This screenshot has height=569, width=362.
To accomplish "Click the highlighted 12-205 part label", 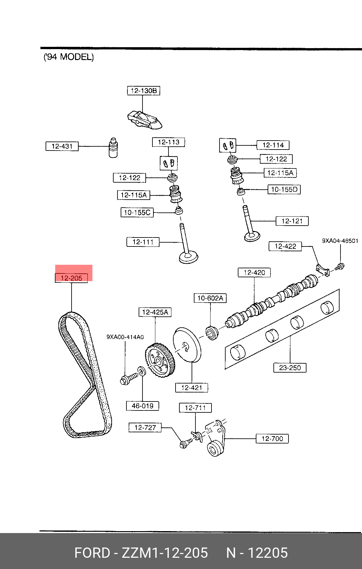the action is [71, 278].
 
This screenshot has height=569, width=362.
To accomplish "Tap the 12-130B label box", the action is [143, 91].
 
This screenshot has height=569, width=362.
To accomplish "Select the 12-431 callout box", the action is [62, 146].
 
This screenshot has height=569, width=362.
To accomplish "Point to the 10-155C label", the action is [137, 212].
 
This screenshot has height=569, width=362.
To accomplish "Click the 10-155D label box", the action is [284, 189].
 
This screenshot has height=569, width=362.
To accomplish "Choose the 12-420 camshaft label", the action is [254, 272].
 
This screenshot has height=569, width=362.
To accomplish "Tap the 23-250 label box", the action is [290, 367].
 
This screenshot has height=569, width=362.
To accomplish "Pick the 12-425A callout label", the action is [155, 312].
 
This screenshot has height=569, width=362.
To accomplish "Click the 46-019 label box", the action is [142, 406].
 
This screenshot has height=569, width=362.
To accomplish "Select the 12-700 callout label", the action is [272, 438].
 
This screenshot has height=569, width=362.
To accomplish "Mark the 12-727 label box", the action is [145, 427].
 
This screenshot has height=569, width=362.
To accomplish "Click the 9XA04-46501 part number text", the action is [340, 241].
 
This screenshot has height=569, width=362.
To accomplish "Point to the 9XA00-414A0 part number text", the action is [125, 337].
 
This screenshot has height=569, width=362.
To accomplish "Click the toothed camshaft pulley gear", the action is [159, 360].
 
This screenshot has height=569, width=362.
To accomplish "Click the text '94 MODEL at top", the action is [69, 57].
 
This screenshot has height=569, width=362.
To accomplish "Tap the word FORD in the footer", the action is [92, 553].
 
